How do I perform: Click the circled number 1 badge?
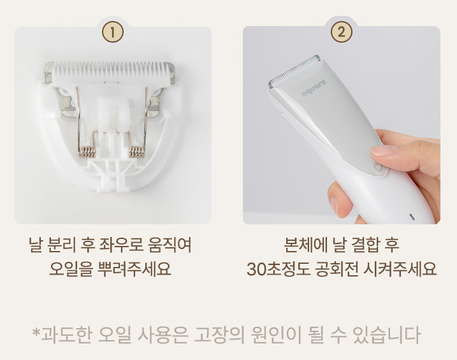[x=113, y=32]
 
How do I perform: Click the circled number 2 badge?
[x=341, y=32]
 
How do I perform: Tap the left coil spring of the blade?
[x=87, y=152]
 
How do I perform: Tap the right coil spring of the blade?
[x=136, y=152]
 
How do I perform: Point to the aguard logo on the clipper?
[x=314, y=87]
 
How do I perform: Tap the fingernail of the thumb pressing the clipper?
[x=382, y=150]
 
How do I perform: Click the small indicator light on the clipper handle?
[x=412, y=217]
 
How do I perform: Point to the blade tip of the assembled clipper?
[x=294, y=70]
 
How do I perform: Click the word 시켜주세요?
[x=400, y=268]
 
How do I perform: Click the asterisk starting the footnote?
[x=36, y=333]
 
